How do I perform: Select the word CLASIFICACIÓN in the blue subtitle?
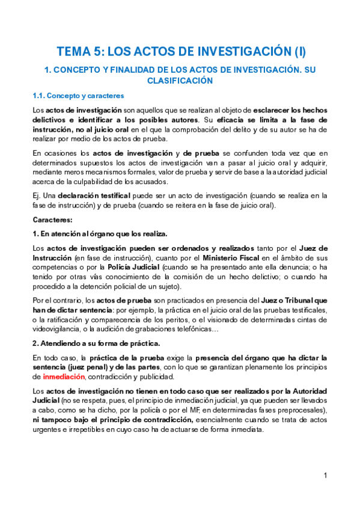[x=180, y=80]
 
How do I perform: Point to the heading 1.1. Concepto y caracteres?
[x=78, y=96]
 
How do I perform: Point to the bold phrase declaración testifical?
[x=89, y=195]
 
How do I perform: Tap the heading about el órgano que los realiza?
[x=100, y=233]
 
